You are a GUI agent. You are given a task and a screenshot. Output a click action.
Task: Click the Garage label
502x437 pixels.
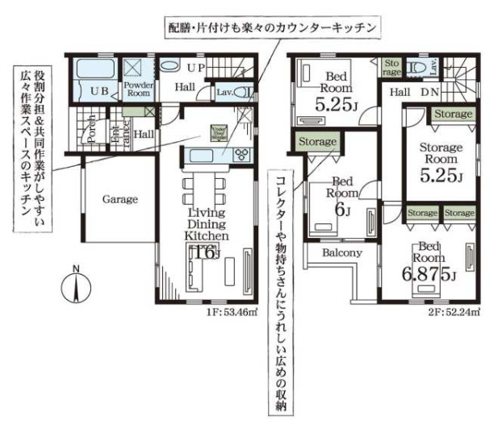[119, 198]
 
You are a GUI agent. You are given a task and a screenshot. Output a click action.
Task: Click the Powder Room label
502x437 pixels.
[138, 89]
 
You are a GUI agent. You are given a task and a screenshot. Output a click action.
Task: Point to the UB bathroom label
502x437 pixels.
[99, 90]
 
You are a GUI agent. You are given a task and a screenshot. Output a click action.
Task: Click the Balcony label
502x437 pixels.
[341, 252]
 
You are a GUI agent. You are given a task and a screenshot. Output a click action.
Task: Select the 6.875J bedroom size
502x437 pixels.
[429, 274]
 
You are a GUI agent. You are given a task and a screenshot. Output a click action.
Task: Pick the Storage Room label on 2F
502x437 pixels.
[440, 153]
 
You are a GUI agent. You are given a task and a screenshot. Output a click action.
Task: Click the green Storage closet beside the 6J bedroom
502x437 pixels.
[316, 142]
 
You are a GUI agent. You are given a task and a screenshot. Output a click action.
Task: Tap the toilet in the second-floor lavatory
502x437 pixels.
[417, 69]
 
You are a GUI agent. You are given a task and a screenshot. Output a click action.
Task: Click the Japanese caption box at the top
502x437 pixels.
[270, 27]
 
